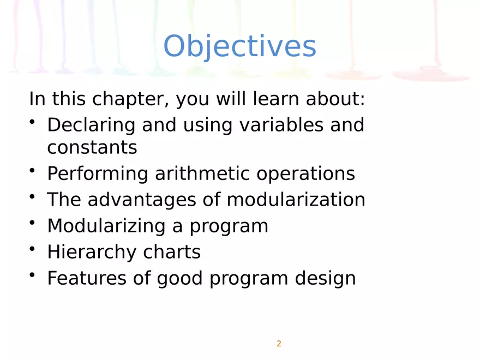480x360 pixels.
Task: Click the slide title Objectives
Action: pyautogui.click(x=239, y=47)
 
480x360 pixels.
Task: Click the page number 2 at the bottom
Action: pyautogui.click(x=279, y=344)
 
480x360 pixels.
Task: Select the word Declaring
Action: pyautogui.click(x=91, y=125)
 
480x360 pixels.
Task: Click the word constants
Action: pyautogui.click(x=92, y=147)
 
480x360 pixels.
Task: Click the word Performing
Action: pyautogui.click(x=97, y=174)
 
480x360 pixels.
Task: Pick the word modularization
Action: pyautogui.click(x=296, y=200)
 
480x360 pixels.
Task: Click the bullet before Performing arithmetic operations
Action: pyautogui.click(x=33, y=171)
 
